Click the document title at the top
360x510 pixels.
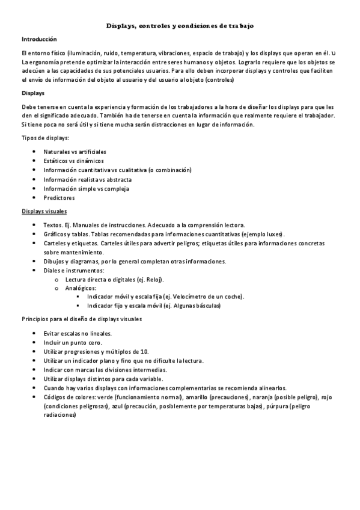[180, 26]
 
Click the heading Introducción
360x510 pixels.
[39, 38]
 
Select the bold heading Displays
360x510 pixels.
[32, 93]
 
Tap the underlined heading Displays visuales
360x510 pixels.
[44, 211]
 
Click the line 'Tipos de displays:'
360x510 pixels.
[46, 138]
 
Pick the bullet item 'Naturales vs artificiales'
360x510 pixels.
[75, 152]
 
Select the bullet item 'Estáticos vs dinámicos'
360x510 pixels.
[73, 161]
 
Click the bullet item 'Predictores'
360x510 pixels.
[59, 197]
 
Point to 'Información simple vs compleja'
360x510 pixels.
[87, 188]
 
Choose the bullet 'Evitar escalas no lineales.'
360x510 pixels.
[78, 333]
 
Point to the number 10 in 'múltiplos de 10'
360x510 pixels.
[144, 351]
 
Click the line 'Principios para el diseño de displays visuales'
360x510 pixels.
[82, 319]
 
